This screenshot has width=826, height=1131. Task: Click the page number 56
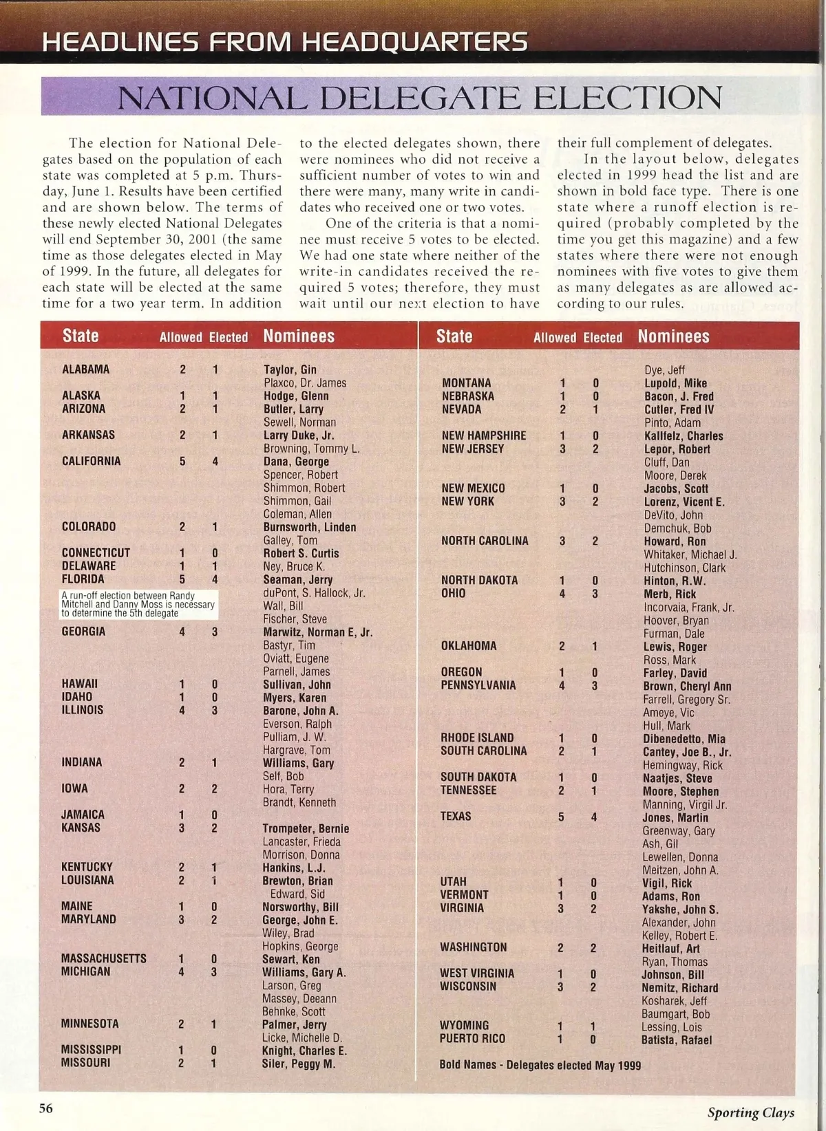point(45,1108)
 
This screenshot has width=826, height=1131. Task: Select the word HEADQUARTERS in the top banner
point(415,42)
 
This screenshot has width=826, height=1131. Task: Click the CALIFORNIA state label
point(91,461)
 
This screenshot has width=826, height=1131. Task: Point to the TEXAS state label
point(456,817)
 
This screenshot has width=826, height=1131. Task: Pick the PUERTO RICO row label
point(472,1039)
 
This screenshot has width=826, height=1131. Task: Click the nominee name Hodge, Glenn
point(296,396)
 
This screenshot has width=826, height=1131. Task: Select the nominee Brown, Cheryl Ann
point(687,686)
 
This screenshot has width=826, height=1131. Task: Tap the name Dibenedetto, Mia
point(684,739)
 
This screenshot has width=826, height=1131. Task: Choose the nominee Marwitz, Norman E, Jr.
point(317,632)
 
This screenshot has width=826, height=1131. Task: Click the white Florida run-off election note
point(138,604)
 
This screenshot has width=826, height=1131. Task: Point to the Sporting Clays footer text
point(750,1112)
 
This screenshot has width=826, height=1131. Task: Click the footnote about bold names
point(540,1065)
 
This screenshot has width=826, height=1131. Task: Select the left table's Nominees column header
point(299,336)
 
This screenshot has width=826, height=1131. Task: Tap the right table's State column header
point(454,336)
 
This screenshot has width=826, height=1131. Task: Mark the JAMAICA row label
point(83,815)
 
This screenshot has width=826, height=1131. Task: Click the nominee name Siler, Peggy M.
point(298,1064)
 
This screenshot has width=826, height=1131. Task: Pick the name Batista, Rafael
point(676,1040)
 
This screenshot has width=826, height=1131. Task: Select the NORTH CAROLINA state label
point(485,541)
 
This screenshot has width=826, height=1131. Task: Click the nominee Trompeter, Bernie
point(306,828)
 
